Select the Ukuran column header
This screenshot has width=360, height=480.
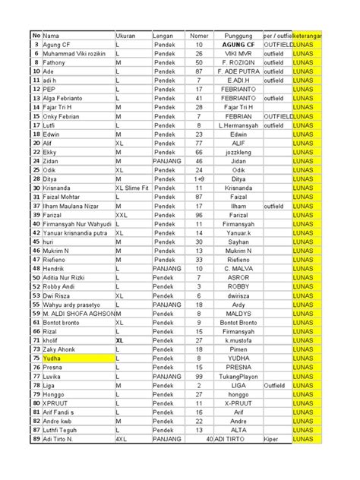point(126,36)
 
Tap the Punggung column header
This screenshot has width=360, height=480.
point(239,36)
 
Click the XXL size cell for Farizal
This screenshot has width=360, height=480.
point(122,215)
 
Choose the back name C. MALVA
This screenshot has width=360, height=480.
point(239,268)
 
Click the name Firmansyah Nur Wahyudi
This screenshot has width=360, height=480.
point(76,224)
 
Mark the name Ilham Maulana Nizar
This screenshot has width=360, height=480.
point(71,206)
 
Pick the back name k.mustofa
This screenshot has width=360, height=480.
point(239,339)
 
